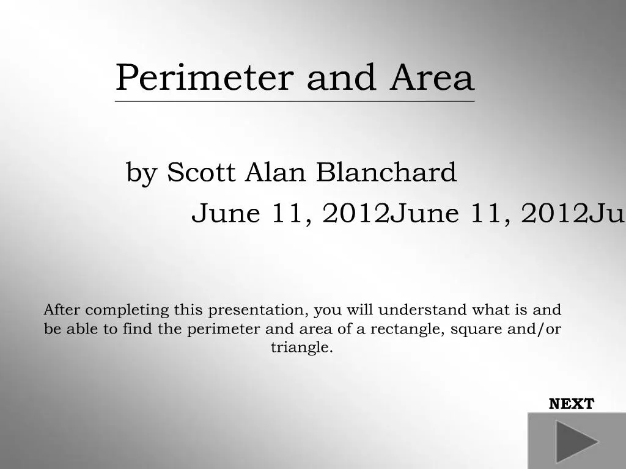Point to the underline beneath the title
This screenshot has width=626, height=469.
[295, 101]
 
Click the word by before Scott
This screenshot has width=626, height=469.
[141, 173]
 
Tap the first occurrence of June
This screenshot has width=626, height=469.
[226, 214]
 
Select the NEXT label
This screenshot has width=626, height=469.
[571, 404]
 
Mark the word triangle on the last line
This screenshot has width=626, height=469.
[302, 348]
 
